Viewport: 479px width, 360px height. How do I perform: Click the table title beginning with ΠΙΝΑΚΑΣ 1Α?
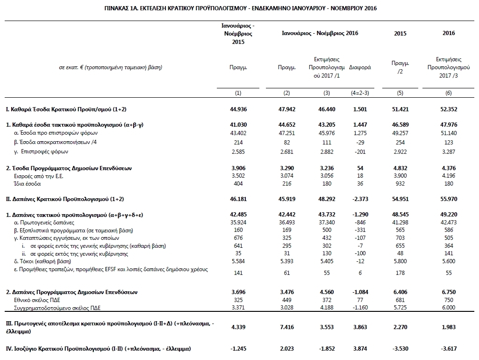tap(239, 8)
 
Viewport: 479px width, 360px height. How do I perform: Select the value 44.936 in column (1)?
tap(238, 109)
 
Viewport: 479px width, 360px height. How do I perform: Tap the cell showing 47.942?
tap(286, 109)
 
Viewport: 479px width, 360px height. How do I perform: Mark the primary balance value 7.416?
tap(286, 326)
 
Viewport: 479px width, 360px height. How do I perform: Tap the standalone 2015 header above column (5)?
tap(400, 33)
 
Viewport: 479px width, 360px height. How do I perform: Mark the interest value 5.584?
tap(238, 260)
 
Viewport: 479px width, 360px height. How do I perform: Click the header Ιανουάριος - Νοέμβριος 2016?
tap(320, 33)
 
